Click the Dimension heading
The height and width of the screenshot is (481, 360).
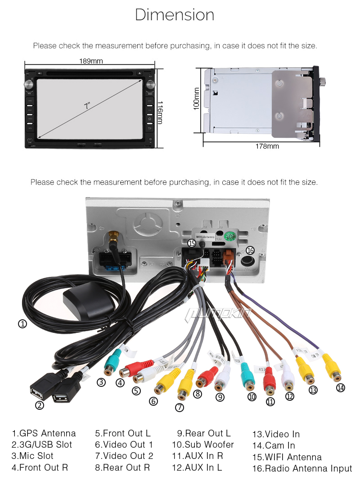(175, 15)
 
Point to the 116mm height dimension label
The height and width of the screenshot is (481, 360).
(160, 112)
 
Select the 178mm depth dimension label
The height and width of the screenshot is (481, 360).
(267, 146)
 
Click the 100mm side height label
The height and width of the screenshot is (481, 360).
(197, 101)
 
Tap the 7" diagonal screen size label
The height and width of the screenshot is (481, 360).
(87, 107)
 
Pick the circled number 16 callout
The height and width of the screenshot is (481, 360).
(250, 250)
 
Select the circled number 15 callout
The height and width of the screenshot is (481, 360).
(192, 243)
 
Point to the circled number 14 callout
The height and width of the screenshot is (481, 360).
(340, 387)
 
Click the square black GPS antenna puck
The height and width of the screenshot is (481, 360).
(86, 299)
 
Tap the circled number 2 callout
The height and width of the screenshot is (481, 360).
(40, 405)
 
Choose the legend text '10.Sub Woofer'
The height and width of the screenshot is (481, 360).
(203, 445)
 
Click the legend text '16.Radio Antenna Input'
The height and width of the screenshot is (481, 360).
(302, 468)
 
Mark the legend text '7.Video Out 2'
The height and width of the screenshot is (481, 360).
(124, 456)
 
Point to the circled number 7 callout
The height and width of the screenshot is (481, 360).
(180, 408)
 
